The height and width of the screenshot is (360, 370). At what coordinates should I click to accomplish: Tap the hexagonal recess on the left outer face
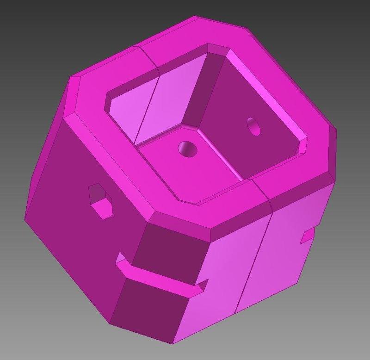tap(102, 200)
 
